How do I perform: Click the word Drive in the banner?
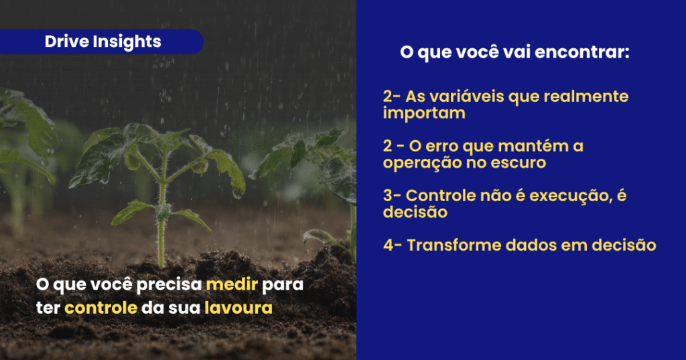(x=66, y=42)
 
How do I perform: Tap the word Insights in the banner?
(x=127, y=42)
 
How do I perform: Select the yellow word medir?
(x=232, y=284)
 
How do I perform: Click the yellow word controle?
(x=101, y=308)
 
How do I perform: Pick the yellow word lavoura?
(x=238, y=308)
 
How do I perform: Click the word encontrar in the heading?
(x=582, y=52)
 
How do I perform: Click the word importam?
(x=424, y=113)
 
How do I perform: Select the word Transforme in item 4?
(x=454, y=245)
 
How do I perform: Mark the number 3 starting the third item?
(x=388, y=195)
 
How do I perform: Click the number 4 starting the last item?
(x=388, y=245)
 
